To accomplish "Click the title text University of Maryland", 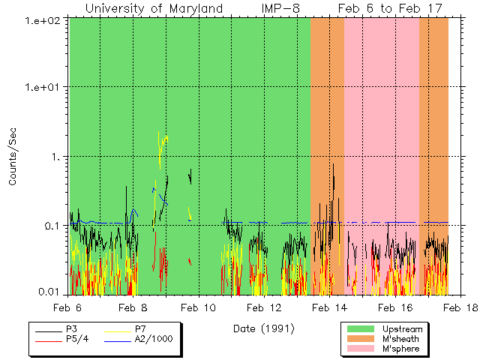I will tap(154, 8).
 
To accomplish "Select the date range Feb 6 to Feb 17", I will tap(389, 8).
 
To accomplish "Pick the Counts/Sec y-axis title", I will tap(13, 157).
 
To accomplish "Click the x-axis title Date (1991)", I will tap(263, 328).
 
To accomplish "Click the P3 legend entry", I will tap(71, 329).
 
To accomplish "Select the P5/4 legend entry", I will tap(76, 338).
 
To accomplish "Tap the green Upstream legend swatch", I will tap(359, 329).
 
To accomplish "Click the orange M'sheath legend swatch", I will tap(359, 339).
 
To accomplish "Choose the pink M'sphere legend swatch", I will tap(359, 349).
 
